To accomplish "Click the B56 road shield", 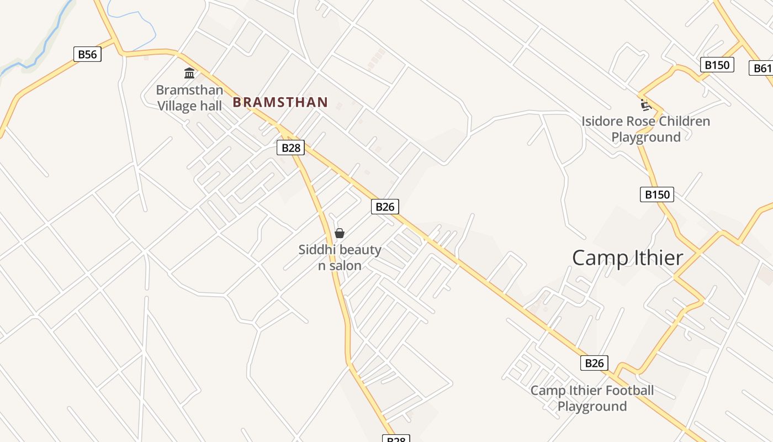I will [87, 54].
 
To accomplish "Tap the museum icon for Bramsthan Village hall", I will [189, 73].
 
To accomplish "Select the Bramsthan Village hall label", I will [189, 98].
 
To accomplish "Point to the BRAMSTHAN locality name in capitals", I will [280, 102].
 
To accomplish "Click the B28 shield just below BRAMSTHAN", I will [291, 148].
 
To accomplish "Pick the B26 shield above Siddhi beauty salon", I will [385, 207].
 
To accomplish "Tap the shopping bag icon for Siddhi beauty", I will [340, 233].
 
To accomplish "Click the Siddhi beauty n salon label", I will [340, 257].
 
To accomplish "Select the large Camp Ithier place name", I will [628, 258].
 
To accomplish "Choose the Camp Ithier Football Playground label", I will [592, 398].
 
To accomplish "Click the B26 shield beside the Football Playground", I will [594, 363].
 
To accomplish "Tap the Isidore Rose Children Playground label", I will [646, 129].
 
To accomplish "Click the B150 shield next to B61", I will [717, 65].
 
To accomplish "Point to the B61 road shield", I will [762, 68].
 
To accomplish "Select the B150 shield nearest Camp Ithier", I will [657, 194].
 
